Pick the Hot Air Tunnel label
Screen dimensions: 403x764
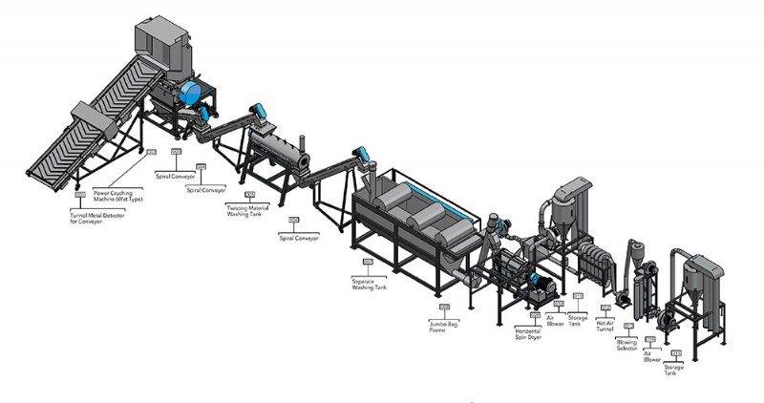pyautogui.click(x=605, y=325)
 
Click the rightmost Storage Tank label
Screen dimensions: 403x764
pyautogui.click(x=673, y=369)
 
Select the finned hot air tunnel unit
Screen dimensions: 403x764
pyautogui.click(x=596, y=264)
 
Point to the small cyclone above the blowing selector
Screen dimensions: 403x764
pyautogui.click(x=636, y=251)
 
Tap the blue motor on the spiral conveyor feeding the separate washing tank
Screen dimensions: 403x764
pyautogui.click(x=361, y=153)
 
